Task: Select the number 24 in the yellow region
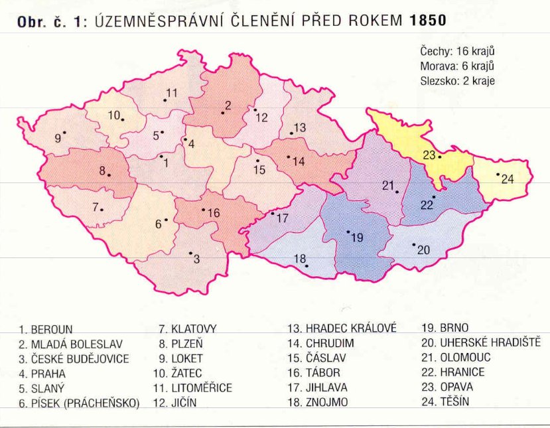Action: pyautogui.click(x=508, y=179)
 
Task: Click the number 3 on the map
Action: pyautogui.click(x=196, y=259)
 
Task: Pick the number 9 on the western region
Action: pyautogui.click(x=58, y=138)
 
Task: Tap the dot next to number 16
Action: pyautogui.click(x=204, y=210)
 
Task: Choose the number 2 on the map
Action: pyautogui.click(x=228, y=105)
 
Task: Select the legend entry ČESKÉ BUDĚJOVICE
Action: pyautogui.click(x=74, y=358)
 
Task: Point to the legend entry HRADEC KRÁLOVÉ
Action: pyautogui.click(x=341, y=328)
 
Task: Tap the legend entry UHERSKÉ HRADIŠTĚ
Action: pyautogui.click(x=481, y=343)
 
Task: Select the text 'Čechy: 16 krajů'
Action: pyautogui.click(x=458, y=52)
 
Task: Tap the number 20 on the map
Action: pyautogui.click(x=423, y=250)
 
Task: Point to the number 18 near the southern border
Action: pyautogui.click(x=300, y=258)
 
